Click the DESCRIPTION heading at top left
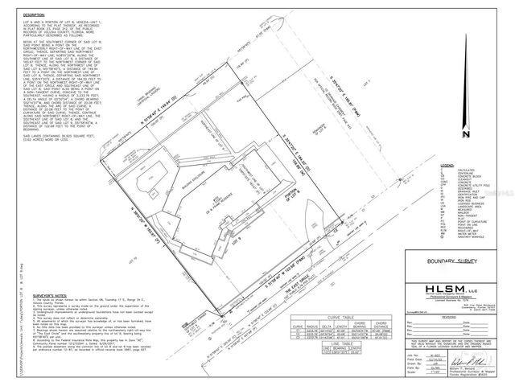34,15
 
